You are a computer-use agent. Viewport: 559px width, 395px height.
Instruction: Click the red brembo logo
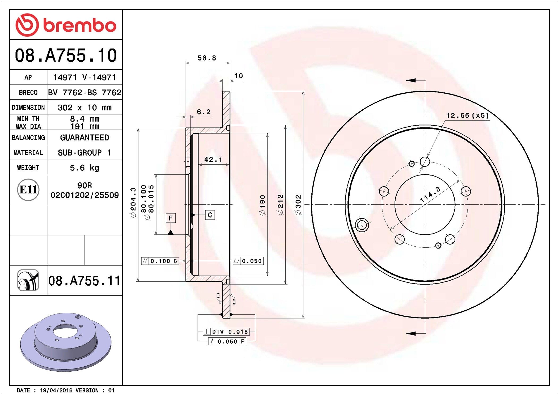[x=66, y=25]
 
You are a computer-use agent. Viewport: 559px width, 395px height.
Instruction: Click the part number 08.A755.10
[x=66, y=55]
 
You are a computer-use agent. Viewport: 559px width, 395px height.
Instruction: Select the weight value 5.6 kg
[x=84, y=168]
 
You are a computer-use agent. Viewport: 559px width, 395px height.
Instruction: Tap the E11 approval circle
[x=28, y=190]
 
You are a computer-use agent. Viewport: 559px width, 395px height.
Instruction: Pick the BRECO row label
[x=28, y=92]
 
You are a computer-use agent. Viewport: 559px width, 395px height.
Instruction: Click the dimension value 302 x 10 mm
[x=84, y=108]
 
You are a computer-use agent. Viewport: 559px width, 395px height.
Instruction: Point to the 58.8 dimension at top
[x=207, y=58]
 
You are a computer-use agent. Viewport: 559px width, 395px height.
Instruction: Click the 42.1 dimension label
[x=213, y=160]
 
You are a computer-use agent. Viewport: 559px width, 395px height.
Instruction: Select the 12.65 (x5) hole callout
[x=467, y=115]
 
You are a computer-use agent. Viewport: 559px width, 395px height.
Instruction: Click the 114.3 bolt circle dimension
[x=430, y=194]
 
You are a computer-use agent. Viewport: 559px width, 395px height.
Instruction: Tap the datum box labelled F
[x=171, y=218]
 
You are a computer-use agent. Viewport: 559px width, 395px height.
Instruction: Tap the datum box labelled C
[x=210, y=215]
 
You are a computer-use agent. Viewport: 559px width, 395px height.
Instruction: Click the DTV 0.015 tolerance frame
[x=226, y=332]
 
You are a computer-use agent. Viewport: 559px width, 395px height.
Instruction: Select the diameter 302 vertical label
[x=298, y=205]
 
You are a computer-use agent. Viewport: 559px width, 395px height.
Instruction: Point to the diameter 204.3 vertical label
[x=133, y=202]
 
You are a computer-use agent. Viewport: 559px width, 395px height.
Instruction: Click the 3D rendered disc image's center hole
[x=65, y=331]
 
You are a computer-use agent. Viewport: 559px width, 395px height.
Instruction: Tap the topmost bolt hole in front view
[x=425, y=161]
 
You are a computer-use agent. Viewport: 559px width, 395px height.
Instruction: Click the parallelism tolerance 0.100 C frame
[x=160, y=261]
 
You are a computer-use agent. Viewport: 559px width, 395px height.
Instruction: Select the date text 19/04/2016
[x=56, y=390]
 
